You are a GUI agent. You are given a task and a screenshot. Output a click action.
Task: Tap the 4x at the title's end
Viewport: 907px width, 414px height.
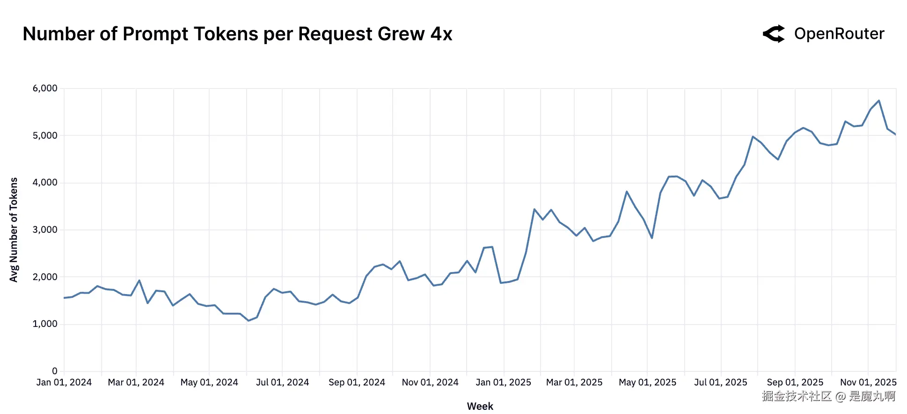pyautogui.click(x=441, y=34)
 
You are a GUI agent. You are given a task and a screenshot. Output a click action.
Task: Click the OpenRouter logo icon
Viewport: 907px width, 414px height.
pyautogui.click(x=774, y=34)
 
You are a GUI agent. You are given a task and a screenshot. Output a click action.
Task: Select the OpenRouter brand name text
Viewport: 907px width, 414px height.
pyautogui.click(x=839, y=34)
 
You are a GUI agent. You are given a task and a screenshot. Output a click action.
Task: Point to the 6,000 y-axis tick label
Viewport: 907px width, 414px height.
pyautogui.click(x=45, y=88)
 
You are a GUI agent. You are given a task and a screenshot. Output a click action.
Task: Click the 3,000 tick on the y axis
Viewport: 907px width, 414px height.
pyautogui.click(x=45, y=229)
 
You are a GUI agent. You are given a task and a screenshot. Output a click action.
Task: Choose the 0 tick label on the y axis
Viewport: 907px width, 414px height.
pyautogui.click(x=55, y=371)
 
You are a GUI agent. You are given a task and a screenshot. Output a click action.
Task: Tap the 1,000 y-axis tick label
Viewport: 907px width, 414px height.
pyautogui.click(x=45, y=324)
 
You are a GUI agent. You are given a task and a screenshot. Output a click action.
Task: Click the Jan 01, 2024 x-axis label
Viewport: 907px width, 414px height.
pyautogui.click(x=64, y=382)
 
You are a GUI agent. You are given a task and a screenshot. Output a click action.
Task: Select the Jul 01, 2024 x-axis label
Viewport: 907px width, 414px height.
pyautogui.click(x=282, y=382)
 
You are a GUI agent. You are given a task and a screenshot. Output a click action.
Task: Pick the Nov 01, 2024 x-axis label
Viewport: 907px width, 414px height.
pyautogui.click(x=430, y=382)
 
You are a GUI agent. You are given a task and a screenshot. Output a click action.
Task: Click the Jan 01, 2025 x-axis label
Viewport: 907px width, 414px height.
pyautogui.click(x=503, y=382)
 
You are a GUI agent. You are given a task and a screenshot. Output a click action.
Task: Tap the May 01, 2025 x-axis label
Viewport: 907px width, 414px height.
pyautogui.click(x=647, y=382)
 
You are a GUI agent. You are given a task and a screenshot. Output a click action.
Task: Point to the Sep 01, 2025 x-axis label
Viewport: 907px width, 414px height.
pyautogui.click(x=795, y=382)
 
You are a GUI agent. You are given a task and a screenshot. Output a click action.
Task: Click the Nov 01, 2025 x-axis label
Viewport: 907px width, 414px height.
pyautogui.click(x=868, y=382)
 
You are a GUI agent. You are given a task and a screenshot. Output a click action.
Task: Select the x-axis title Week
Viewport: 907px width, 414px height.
pyautogui.click(x=480, y=406)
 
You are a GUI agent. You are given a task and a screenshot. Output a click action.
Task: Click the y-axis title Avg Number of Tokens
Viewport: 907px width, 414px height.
pyautogui.click(x=14, y=229)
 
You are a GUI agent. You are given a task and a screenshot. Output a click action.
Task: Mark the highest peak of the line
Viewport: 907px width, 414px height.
pyautogui.click(x=879, y=101)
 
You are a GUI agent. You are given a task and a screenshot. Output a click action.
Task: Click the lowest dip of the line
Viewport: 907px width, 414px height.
pyautogui.click(x=249, y=320)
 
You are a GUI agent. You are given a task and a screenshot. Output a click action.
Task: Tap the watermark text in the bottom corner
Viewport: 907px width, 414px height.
pyautogui.click(x=828, y=396)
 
